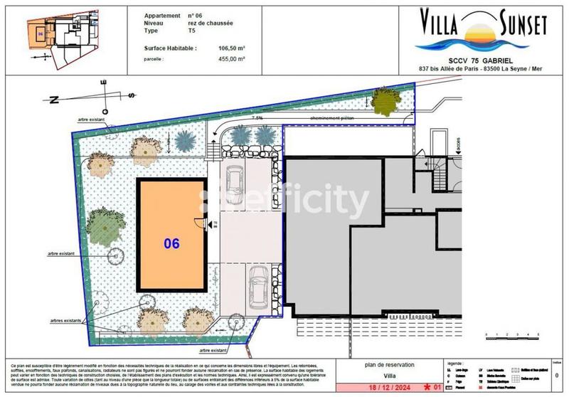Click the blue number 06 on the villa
171,243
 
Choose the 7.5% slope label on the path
257,119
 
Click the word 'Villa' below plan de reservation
387,376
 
